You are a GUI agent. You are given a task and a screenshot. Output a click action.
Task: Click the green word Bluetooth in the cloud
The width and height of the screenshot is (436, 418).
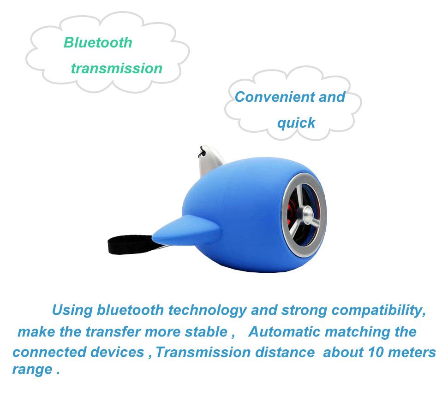point(98,42)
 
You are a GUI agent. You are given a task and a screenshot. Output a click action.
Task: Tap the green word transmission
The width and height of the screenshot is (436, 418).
point(116,68)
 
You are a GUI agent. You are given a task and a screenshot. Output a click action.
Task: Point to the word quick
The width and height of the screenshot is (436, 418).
point(296,123)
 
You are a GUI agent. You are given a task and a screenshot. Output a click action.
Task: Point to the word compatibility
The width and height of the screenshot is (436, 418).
point(378,310)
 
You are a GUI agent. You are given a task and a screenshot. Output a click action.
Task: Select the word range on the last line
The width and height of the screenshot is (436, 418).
point(32,370)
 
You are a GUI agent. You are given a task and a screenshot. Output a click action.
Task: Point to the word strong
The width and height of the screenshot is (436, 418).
point(304,310)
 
